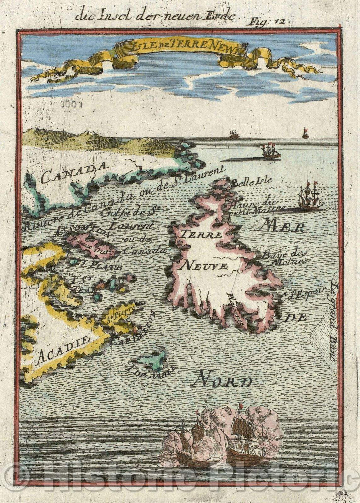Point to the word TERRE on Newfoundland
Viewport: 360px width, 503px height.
point(201,234)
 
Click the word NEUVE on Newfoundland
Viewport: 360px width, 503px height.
point(204,266)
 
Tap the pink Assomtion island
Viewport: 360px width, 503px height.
point(91,246)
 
